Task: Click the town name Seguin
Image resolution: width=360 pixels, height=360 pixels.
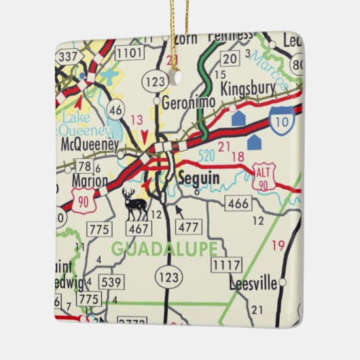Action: [x=198, y=178]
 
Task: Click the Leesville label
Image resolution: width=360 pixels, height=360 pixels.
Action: [x=253, y=283]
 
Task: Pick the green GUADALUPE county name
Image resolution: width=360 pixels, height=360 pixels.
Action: [x=164, y=249]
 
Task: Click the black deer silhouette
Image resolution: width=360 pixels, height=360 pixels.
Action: [x=135, y=204]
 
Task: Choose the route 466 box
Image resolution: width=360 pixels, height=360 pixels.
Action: [x=238, y=202]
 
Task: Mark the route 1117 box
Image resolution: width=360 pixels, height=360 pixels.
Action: [x=226, y=264]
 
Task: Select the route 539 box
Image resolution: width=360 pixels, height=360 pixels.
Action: [x=111, y=281]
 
